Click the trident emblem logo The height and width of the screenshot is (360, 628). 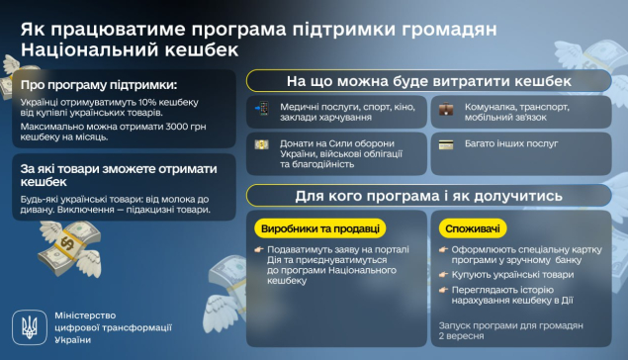tap(30, 327)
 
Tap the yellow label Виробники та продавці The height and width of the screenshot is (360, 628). tap(320, 228)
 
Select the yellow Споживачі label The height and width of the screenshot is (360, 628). tap(473, 228)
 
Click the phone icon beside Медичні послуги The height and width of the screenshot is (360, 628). tap(262, 108)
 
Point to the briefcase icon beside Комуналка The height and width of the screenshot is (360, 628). tap(446, 109)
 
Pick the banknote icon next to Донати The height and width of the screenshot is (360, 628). tap(261, 144)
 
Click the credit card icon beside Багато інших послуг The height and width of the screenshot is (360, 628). tap(446, 144)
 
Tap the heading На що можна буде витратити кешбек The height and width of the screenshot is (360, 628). tap(429, 81)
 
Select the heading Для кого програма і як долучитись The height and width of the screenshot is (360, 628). tap(429, 196)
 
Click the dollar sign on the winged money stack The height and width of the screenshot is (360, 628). tap(67, 243)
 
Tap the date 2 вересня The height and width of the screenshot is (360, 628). tap(461, 336)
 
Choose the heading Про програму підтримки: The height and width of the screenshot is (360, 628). tap(99, 85)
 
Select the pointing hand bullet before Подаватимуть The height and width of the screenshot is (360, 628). tap(259, 249)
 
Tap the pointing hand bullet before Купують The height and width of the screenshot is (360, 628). tap(443, 275)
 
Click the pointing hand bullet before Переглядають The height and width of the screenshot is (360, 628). tap(443, 290)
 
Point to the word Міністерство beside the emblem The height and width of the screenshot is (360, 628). tap(85, 315)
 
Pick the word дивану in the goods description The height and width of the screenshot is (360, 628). tap(38, 210)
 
